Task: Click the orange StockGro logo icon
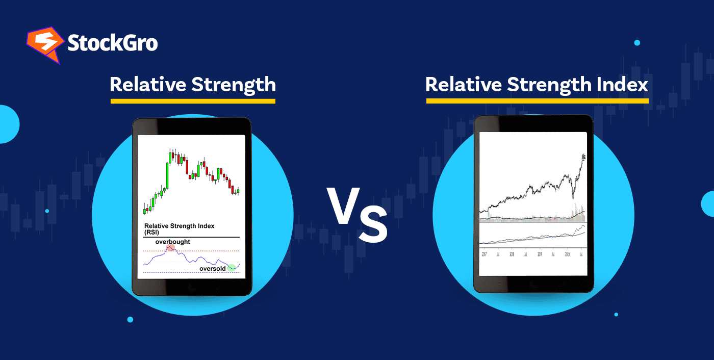[x=44, y=45]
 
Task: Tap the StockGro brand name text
[x=113, y=43]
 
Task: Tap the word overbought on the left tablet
[x=172, y=242]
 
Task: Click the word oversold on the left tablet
[x=213, y=268]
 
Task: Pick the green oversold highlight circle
[x=232, y=267]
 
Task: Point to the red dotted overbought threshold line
[x=204, y=251]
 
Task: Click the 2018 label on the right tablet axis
[x=512, y=253]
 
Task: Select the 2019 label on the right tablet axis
[x=540, y=253]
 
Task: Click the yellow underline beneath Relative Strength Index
[x=537, y=101]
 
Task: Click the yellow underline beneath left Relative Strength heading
[x=193, y=101]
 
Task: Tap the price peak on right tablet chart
[x=583, y=156]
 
